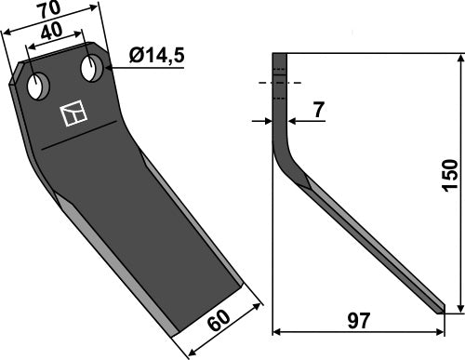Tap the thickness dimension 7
click(x=319, y=111)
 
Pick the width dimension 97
click(x=357, y=321)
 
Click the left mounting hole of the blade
click(x=38, y=87)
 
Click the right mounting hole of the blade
click(x=92, y=68)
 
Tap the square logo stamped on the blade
click(x=72, y=114)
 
